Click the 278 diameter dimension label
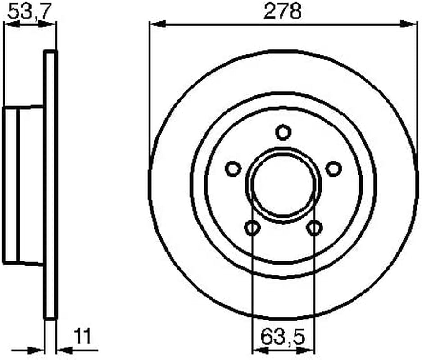click(282, 12)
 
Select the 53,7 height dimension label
click(29, 12)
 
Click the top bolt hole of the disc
click(283, 132)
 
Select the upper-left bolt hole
click(233, 169)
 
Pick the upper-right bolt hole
click(334, 169)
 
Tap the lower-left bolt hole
click(253, 228)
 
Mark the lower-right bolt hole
click(314, 228)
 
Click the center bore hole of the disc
click(283, 185)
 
